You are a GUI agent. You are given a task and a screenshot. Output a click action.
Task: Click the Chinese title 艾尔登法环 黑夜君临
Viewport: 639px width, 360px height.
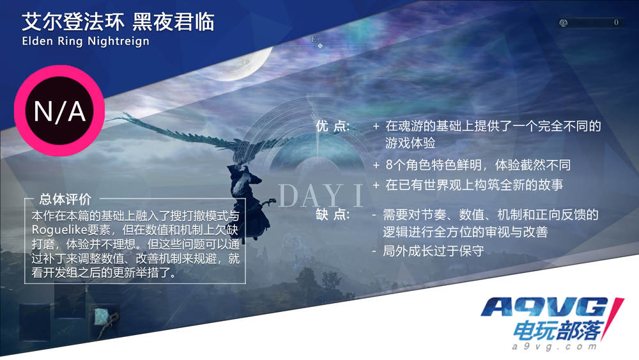[x=118, y=22]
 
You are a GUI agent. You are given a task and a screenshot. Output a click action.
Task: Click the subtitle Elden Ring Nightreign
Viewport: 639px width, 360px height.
[x=86, y=41]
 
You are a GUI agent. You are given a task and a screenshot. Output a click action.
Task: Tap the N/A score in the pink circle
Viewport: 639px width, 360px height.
[x=59, y=111]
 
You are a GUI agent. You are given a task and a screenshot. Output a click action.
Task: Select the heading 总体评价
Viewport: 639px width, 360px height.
[x=65, y=199]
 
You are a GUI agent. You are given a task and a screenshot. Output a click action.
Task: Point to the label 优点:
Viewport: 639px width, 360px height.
[x=332, y=126]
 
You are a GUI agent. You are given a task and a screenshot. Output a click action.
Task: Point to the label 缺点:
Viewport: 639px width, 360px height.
[x=332, y=214]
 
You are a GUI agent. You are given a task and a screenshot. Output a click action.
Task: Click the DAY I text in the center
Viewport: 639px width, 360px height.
[x=320, y=196]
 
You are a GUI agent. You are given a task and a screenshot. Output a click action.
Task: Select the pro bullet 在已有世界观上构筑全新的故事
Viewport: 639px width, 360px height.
[x=474, y=185]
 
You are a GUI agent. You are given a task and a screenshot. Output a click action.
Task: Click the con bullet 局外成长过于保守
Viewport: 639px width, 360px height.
[x=434, y=251]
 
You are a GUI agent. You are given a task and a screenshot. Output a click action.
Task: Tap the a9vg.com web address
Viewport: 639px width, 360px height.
[x=554, y=347]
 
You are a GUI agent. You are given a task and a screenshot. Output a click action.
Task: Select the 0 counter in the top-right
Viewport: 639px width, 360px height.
[x=616, y=22]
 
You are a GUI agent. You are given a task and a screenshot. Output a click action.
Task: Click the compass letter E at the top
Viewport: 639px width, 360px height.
[x=314, y=39]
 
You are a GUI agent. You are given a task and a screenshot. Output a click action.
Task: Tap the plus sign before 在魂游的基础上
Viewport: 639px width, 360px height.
[x=376, y=127]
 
